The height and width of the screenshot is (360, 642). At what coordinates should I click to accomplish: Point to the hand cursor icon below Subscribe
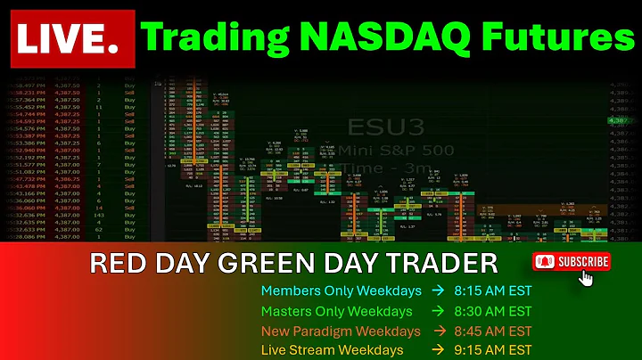point(586,278)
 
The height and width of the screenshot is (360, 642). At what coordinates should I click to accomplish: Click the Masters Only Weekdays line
point(336,312)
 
